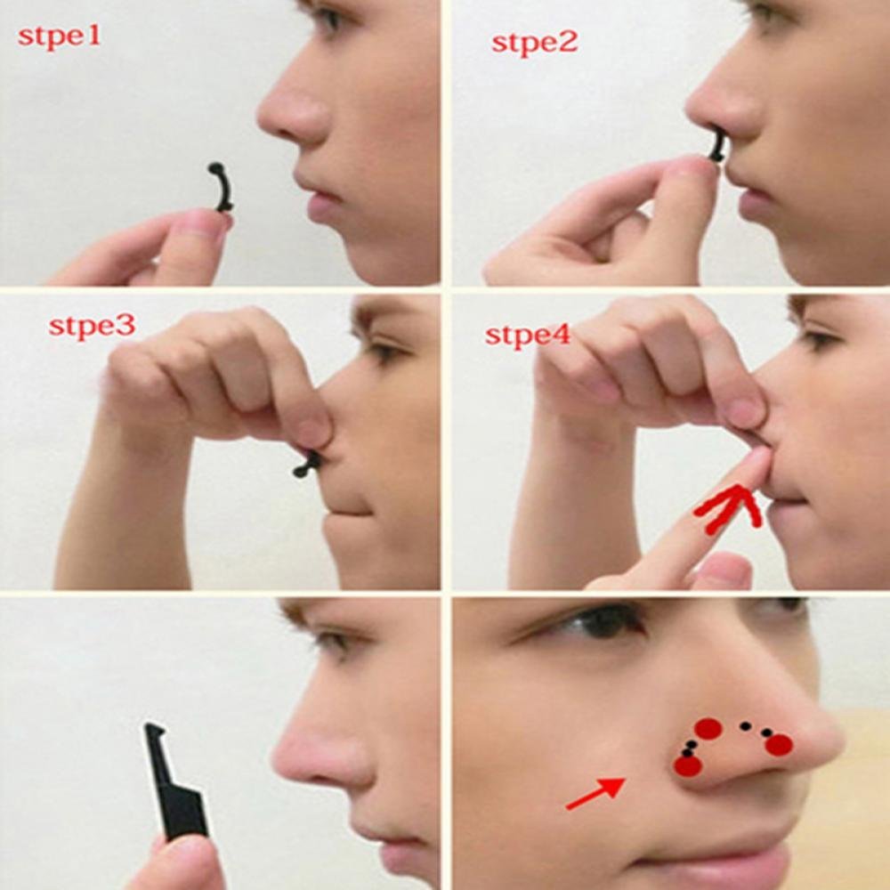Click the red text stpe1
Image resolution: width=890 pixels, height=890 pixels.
[x=60, y=38]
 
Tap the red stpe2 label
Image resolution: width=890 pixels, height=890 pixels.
[x=534, y=41]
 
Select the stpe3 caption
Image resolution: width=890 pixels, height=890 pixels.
[x=92, y=325]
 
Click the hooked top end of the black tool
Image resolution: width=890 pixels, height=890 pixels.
[x=154, y=731]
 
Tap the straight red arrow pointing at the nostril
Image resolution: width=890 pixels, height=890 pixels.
[x=595, y=793]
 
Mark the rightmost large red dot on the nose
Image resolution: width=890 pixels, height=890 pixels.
[x=779, y=745]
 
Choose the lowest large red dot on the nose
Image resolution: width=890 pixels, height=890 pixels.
[x=687, y=765]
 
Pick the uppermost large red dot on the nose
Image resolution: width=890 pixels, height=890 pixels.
[x=708, y=729]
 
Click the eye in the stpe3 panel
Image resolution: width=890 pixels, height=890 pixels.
[x=385, y=352]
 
